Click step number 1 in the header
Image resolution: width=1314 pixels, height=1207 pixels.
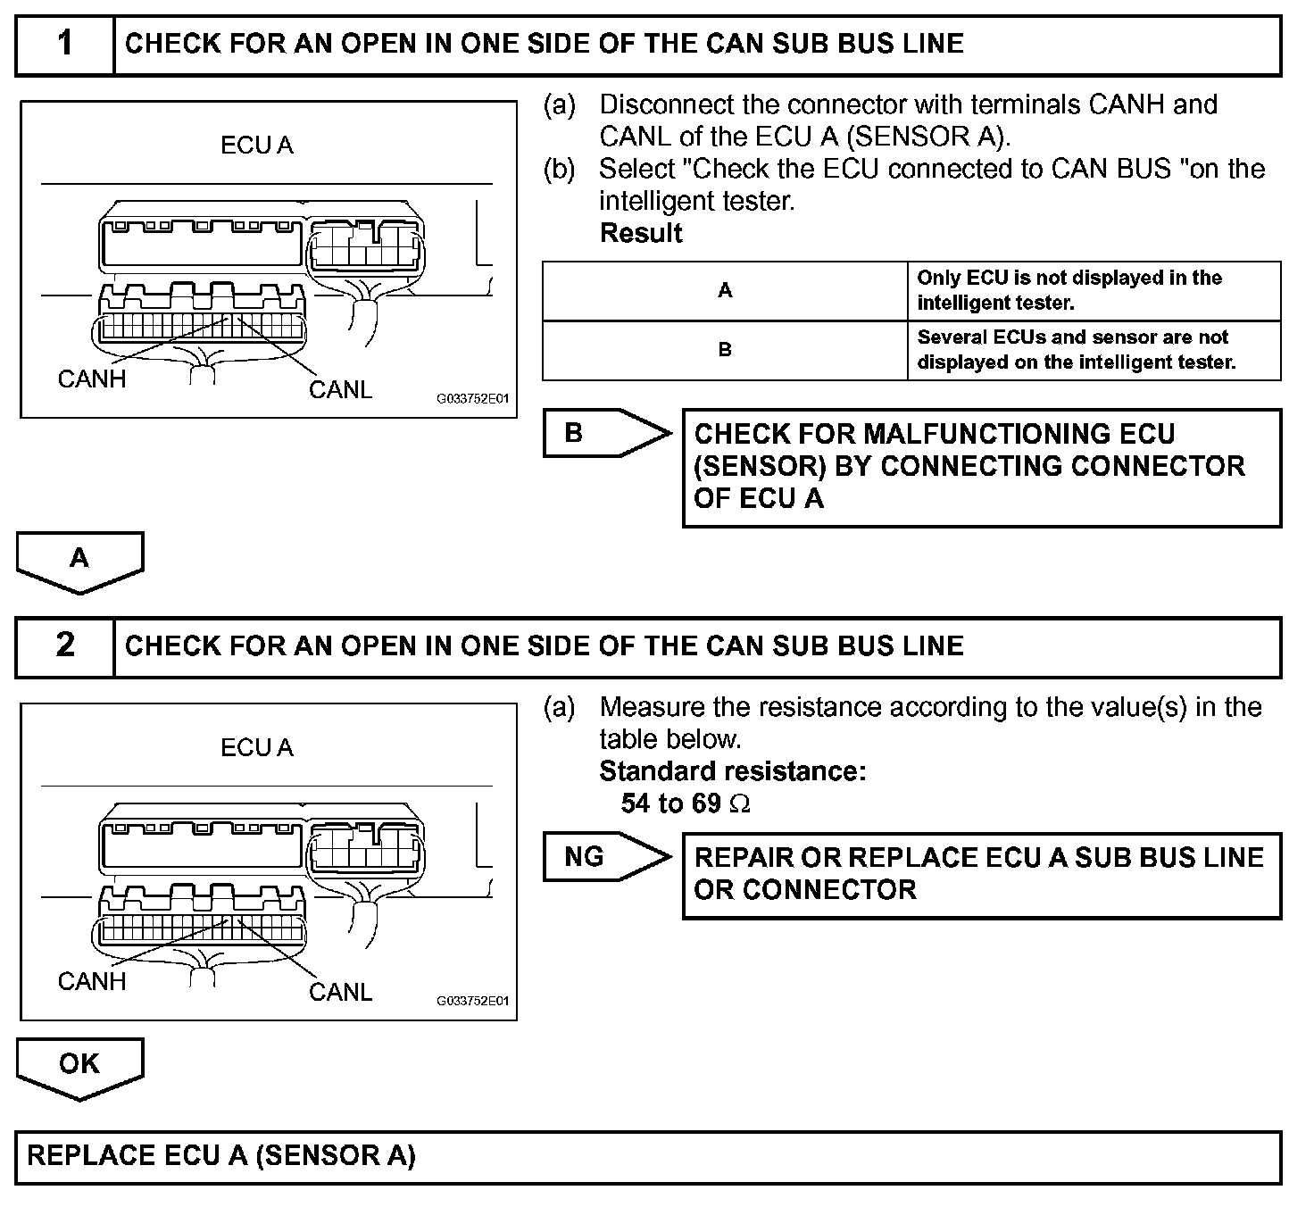point(64,43)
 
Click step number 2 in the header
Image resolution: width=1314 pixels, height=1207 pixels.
point(64,645)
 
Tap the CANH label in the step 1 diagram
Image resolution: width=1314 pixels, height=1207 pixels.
point(92,379)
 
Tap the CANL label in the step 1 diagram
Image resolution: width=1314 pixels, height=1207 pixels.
point(340,390)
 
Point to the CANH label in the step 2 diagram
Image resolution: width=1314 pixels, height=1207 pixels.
point(92,982)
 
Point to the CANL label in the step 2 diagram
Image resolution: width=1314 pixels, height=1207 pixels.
point(340,993)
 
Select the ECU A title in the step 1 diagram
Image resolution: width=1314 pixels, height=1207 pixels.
point(257,146)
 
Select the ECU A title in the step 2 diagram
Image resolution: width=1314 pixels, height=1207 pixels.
point(257,748)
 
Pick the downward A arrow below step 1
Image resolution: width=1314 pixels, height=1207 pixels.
point(79,561)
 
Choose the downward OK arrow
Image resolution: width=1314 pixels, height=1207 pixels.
point(79,1066)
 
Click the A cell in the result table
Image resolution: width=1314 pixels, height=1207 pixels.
point(725,290)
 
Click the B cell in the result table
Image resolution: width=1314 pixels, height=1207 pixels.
point(725,350)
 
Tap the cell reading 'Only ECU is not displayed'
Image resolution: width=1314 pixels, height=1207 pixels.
point(1069,290)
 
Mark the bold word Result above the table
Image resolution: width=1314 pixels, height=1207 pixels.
point(641,234)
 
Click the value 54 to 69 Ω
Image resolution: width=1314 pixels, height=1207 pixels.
point(686,803)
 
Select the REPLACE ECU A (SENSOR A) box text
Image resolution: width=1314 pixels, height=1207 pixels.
point(221,1156)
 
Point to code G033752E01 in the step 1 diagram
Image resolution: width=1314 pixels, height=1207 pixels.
point(472,399)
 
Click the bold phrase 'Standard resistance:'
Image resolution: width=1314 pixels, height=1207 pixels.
point(732,771)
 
